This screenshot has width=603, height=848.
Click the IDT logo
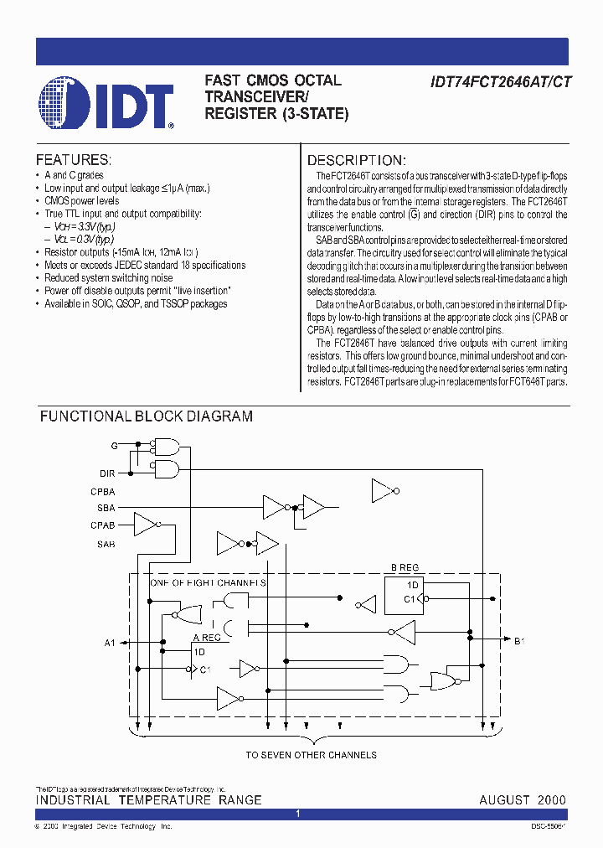pyautogui.click(x=106, y=104)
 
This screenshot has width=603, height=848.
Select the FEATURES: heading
pyautogui.click(x=74, y=159)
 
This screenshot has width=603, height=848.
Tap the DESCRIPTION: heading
pyautogui.click(x=357, y=160)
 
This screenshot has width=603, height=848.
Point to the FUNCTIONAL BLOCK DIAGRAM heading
pyautogui.click(x=147, y=416)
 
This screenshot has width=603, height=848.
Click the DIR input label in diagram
pyautogui.click(x=107, y=473)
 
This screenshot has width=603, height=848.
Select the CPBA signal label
pyautogui.click(x=103, y=492)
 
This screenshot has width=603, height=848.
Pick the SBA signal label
pyautogui.click(x=106, y=508)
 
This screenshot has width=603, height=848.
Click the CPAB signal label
pyautogui.click(x=103, y=525)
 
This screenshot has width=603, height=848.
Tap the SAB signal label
pyautogui.click(x=106, y=544)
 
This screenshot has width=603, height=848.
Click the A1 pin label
pyautogui.click(x=110, y=643)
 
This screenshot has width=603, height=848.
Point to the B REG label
pyautogui.click(x=405, y=566)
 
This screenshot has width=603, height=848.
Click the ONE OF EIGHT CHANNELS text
pyautogui.click(x=208, y=582)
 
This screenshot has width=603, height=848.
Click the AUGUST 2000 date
pyautogui.click(x=522, y=800)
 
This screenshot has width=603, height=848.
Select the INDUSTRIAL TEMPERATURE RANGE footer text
pyautogui.click(x=148, y=800)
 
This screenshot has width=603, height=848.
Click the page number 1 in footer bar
pyautogui.click(x=299, y=814)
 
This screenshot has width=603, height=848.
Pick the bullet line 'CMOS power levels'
pyautogui.click(x=81, y=201)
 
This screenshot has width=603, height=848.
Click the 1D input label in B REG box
pyautogui.click(x=412, y=584)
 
